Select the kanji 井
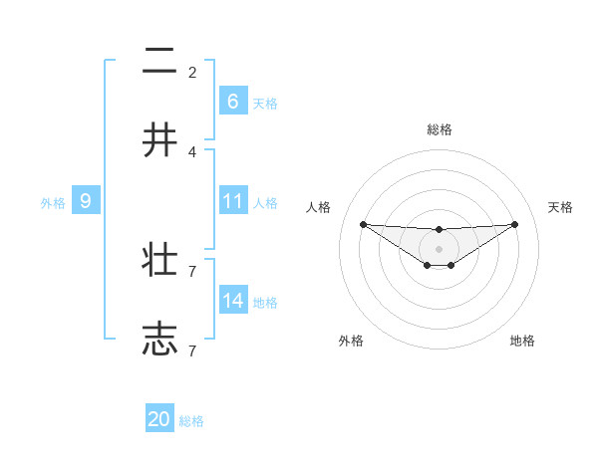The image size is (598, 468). click(x=159, y=139)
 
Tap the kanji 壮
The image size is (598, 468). click(x=159, y=261)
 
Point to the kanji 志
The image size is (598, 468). click(x=159, y=339)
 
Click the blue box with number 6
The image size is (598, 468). click(x=232, y=101)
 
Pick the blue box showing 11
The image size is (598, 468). click(x=232, y=201)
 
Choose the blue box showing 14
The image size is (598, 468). click(x=232, y=301)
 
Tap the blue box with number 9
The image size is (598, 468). click(x=86, y=201)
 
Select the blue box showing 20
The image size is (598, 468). click(x=158, y=419)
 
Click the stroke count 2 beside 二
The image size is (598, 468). click(x=192, y=72)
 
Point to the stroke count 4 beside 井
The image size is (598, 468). click(x=192, y=151)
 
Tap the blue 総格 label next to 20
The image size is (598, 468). click(x=191, y=421)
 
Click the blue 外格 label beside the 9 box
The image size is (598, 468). click(x=53, y=203)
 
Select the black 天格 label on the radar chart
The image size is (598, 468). click(x=561, y=207)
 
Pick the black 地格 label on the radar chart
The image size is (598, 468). click(x=522, y=341)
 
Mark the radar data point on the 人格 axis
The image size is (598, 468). click(x=363, y=224)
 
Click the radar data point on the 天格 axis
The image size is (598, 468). click(x=514, y=224)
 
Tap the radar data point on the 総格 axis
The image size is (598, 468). click(x=439, y=230)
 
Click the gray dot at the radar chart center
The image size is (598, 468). click(x=439, y=249)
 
